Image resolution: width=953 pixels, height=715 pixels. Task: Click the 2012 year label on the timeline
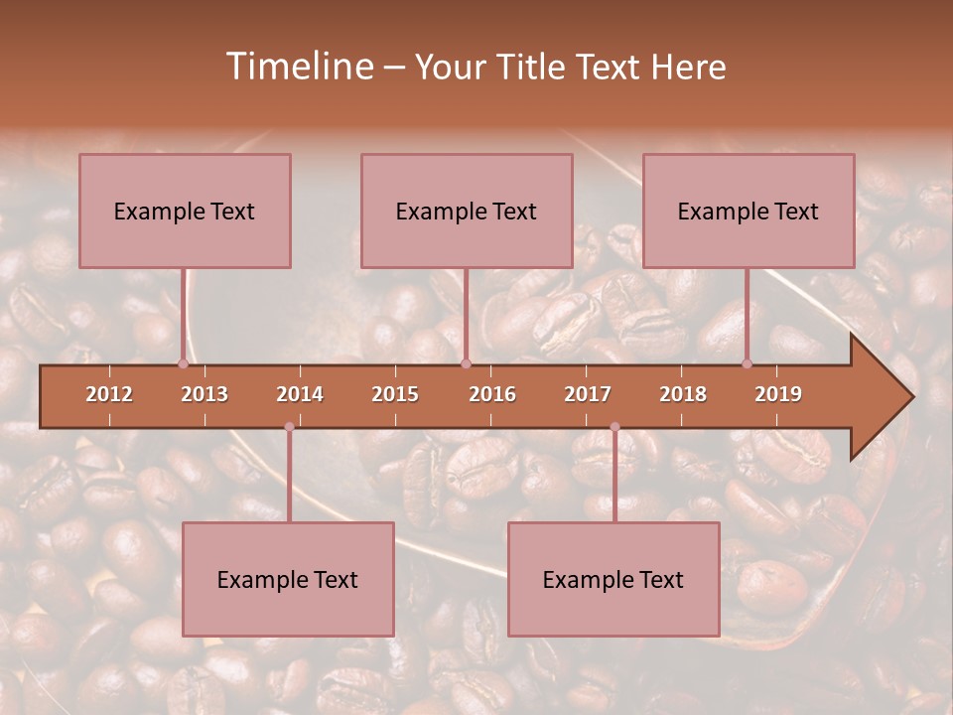pos(109,394)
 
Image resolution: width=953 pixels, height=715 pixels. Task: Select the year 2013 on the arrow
pos(204,394)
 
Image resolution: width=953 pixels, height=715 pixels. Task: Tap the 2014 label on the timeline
pos(300,394)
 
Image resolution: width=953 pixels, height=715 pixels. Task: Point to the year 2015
pos(395,394)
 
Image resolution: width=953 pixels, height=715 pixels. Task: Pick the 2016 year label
pos(492,394)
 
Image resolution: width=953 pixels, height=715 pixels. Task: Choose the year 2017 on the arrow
pos(588,394)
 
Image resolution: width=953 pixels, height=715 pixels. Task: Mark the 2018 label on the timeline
pos(683,394)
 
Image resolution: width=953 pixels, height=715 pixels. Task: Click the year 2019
pos(778,394)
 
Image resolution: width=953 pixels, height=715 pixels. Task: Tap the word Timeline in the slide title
pos(298,67)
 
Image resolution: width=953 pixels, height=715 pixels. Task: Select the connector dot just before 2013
pos(183,363)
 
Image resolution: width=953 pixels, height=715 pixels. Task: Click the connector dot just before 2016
pos(466,363)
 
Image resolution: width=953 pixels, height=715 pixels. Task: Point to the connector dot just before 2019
pos(748,363)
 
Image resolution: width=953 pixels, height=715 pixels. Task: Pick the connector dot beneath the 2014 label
pos(289,427)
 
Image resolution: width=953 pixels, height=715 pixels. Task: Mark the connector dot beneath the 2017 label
pos(614,427)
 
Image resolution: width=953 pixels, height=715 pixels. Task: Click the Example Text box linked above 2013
pos(185,211)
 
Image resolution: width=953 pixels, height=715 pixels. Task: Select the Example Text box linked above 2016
pos(467,211)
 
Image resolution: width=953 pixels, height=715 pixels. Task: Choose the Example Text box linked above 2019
pos(749,211)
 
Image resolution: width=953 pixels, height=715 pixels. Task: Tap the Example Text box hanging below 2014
pos(288,579)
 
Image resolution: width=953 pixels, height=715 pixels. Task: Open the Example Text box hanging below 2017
pos(613,579)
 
